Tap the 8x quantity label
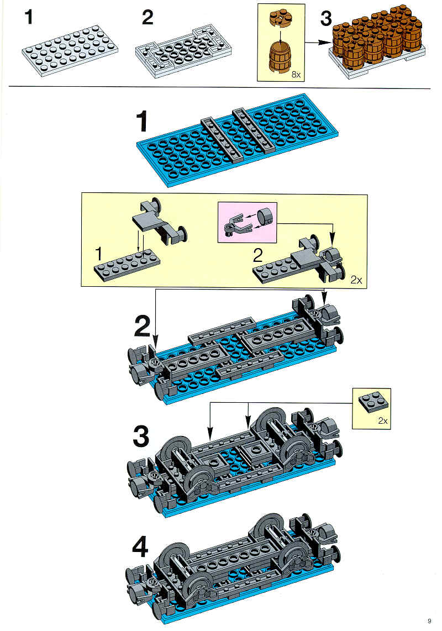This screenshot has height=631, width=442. pos(296,75)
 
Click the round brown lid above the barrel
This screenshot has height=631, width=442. pos(280,19)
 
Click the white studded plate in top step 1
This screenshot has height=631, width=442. pos(70,50)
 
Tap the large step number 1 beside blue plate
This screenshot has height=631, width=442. pos(141,122)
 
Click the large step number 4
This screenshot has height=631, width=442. pos(140,547)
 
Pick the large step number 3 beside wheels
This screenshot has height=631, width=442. pos(141,437)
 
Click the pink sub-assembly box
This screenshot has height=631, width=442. pos(247,223)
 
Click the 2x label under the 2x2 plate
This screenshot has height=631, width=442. pos(382,421)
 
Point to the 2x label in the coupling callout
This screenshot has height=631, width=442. pos(356,280)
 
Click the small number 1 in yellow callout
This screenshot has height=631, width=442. pos(98,254)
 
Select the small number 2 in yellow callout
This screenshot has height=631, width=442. pos(257,255)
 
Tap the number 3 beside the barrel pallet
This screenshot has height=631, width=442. pos(326,19)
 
